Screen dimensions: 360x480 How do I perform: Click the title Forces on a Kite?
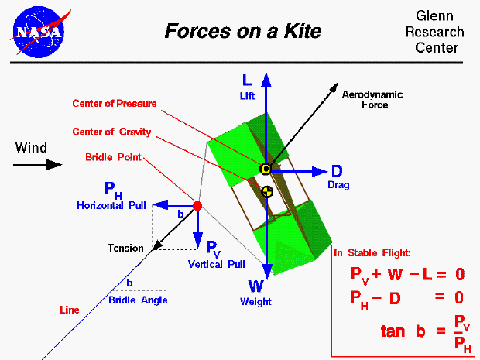(x=242, y=32)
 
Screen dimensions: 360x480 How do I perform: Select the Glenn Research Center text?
(x=439, y=33)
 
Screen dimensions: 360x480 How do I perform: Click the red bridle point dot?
(x=197, y=206)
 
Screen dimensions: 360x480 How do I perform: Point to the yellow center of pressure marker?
(x=266, y=170)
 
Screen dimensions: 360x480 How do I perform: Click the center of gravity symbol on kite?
(x=266, y=190)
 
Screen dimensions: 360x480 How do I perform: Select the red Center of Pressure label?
(x=115, y=104)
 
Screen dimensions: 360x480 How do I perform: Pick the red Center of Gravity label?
(x=111, y=132)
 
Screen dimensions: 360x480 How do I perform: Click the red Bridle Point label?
(x=114, y=158)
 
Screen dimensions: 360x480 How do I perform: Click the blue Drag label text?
(x=338, y=186)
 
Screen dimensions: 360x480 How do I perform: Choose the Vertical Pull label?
(x=216, y=264)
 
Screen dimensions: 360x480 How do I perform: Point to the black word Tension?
(x=125, y=249)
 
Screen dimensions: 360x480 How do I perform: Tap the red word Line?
(x=70, y=310)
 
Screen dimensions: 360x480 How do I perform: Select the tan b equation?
(x=425, y=331)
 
